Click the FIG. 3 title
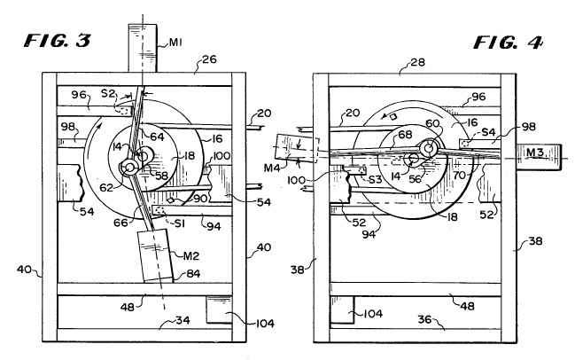pyautogui.click(x=58, y=41)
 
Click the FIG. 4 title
pyautogui.click(x=508, y=43)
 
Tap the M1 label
pyautogui.click(x=175, y=43)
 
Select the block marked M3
pyautogui.click(x=539, y=158)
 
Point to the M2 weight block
pyautogui.click(x=155, y=255)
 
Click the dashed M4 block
pyautogui.click(x=295, y=149)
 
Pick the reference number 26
pyautogui.click(x=209, y=59)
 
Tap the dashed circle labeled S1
pyautogui.click(x=159, y=211)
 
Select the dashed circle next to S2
pyautogui.click(x=122, y=110)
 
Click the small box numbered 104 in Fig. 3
pyautogui.click(x=219, y=309)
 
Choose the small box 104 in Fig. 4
pyautogui.click(x=342, y=309)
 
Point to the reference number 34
pyautogui.click(x=183, y=320)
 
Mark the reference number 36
pyautogui.click(x=425, y=319)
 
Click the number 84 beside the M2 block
pyautogui.click(x=193, y=273)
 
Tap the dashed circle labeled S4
pyautogui.click(x=467, y=144)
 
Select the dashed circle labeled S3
pyautogui.click(x=362, y=170)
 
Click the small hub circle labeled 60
pyautogui.click(x=428, y=148)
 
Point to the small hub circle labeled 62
pyautogui.click(x=130, y=168)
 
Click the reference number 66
pyautogui.click(x=121, y=222)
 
